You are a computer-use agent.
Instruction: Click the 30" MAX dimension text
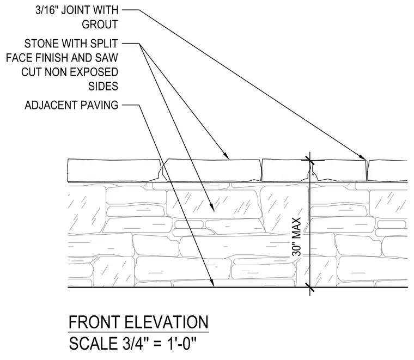pos(297,237)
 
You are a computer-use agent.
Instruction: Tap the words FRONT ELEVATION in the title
pos(138,322)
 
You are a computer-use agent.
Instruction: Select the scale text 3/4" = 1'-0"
pos(159,343)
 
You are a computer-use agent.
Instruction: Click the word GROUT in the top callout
pos(100,25)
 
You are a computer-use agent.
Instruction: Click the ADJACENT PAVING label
pos(71,105)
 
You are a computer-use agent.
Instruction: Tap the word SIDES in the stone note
pos(103,86)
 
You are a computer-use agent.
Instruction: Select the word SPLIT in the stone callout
pos(104,44)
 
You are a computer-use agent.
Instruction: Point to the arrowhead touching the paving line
pos(211,283)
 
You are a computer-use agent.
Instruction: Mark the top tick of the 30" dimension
pos(310,160)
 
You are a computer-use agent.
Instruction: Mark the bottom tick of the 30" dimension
pos(310,287)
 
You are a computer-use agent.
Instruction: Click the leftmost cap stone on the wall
pos(114,170)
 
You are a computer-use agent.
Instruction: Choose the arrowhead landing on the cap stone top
pos(226,155)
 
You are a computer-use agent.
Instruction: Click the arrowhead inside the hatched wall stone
pos(211,208)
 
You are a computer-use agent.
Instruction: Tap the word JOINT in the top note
pos(80,10)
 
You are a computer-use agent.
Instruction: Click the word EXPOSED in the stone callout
pos(100,72)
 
